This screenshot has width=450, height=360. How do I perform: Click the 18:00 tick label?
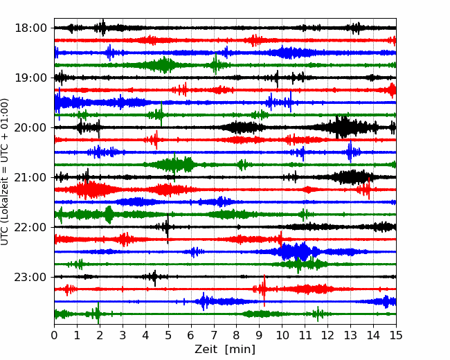pos(30,28)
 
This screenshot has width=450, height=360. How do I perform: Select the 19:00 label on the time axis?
pos(30,78)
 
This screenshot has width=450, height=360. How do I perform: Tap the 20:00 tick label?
pos(30,128)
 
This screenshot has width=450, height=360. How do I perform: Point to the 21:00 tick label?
pos(30,177)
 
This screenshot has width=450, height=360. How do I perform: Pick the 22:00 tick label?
pos(30,227)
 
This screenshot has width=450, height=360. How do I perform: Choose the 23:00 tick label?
pos(30,277)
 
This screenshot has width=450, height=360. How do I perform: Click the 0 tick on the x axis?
pos(54,335)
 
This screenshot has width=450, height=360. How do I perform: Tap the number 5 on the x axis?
pos(168,335)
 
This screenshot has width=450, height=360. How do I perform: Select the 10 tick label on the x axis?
pos(282,335)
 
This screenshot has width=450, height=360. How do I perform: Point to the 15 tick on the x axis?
pos(396,335)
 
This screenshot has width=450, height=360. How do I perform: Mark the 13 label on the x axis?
pos(350,335)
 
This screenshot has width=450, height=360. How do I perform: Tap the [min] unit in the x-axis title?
pos(240,350)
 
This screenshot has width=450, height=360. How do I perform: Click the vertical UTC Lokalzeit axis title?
pos(4,172)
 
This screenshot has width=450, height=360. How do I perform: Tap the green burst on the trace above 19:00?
pos(163,65)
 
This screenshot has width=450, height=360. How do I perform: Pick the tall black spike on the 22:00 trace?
pos(168,228)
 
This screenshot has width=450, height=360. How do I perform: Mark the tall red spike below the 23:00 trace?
pos(264,290)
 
